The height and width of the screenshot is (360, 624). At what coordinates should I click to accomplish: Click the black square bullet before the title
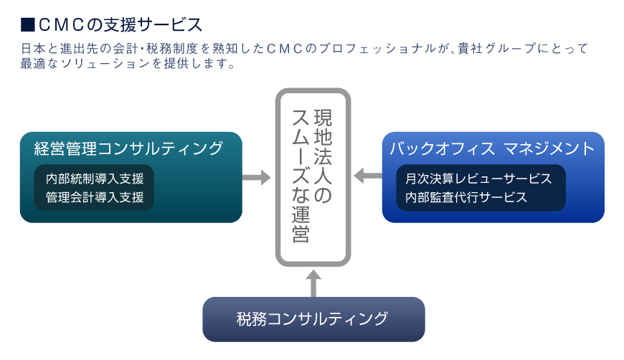click(27, 24)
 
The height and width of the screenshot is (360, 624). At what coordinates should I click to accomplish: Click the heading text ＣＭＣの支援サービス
click(120, 24)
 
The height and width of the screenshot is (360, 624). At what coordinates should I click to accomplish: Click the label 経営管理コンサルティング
click(128, 148)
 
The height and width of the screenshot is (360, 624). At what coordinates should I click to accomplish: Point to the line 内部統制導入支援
click(95, 179)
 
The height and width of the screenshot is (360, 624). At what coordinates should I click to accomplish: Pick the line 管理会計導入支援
click(95, 197)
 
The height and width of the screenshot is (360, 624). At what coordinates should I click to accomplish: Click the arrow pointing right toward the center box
click(256, 177)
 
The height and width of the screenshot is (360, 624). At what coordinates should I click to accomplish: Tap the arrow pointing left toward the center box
click(368, 176)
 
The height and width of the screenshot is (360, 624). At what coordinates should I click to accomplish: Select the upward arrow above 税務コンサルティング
click(313, 283)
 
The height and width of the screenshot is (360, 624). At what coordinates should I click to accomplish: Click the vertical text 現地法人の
click(323, 156)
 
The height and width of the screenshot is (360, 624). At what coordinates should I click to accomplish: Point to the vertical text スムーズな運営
click(301, 176)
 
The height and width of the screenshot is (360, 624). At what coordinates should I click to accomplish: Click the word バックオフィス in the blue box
click(442, 148)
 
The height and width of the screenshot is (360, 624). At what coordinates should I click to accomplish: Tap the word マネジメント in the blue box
click(549, 148)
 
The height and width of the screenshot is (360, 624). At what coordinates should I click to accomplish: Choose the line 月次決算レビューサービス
click(478, 179)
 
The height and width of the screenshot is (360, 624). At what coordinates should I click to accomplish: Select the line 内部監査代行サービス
click(466, 197)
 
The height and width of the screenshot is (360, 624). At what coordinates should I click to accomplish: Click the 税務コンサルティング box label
click(312, 319)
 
